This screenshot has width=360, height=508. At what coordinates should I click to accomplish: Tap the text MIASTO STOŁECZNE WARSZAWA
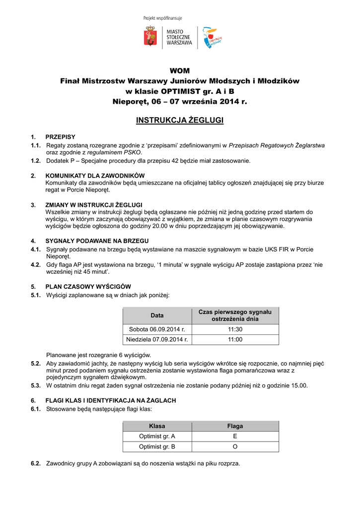pyautogui.click(x=179, y=37)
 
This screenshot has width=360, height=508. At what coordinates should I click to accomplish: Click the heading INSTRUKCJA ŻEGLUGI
pyautogui.click(x=179, y=121)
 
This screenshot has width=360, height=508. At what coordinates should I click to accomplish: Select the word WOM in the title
pyautogui.click(x=179, y=70)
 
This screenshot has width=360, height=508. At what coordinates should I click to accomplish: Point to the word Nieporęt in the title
pyautogui.click(x=129, y=102)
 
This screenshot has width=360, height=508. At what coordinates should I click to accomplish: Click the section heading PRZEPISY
pyautogui.click(x=61, y=136)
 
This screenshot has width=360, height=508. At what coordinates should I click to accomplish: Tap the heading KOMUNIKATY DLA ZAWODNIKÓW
pyautogui.click(x=95, y=176)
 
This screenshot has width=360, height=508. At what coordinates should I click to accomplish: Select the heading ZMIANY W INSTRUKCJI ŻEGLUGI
pyautogui.click(x=94, y=204)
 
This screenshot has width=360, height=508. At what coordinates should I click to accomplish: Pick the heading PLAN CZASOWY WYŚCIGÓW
pyautogui.click(x=88, y=287)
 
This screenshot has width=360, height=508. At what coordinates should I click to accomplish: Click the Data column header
pyautogui.click(x=157, y=316)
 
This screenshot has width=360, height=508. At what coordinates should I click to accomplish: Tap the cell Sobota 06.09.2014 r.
pyautogui.click(x=157, y=329)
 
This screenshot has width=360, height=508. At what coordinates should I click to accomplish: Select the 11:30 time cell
pyautogui.click(x=235, y=329)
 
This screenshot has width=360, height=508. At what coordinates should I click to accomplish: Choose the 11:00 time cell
pyautogui.click(x=235, y=339)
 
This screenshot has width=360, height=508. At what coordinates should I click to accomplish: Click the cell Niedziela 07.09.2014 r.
pyautogui.click(x=157, y=339)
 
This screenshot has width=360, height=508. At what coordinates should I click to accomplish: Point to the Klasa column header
pyautogui.click(x=157, y=426)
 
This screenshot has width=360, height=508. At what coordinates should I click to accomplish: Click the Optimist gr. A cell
pyautogui.click(x=157, y=437)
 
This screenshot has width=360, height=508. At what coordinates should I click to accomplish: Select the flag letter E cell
pyautogui.click(x=235, y=437)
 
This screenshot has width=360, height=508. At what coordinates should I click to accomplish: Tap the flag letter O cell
pyautogui.click(x=235, y=447)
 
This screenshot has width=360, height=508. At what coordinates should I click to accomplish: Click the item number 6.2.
pyautogui.click(x=35, y=463)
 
